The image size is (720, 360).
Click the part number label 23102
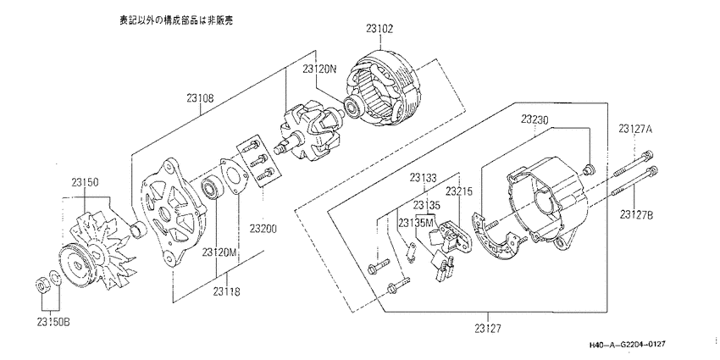coord(379,30)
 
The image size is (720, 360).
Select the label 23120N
coord(319,69)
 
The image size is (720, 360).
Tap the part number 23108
coord(201,98)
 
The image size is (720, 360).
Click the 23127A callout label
coord(635,129)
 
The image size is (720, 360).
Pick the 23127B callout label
coord(636,214)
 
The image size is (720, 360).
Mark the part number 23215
coord(460,190)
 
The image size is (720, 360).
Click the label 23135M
coord(416,223)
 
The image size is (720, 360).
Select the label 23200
coord(263,228)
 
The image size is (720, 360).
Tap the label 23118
coord(226,291)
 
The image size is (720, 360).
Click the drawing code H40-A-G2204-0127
coord(628,345)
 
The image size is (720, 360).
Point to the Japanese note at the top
coord(176,20)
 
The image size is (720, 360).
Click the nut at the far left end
coord(42,285)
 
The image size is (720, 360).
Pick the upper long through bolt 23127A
coord(634,164)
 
